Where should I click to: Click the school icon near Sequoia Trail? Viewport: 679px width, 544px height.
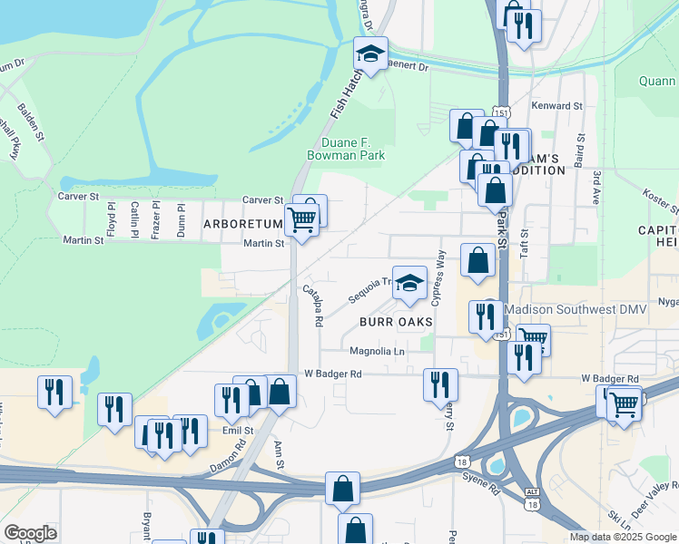point(410,284)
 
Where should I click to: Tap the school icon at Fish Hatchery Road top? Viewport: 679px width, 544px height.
point(370,54)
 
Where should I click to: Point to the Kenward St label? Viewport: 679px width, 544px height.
point(559,106)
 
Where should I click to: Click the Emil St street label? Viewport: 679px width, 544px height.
point(236,432)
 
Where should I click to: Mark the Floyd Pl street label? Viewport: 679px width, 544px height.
point(112,218)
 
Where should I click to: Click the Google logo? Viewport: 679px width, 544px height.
point(31,533)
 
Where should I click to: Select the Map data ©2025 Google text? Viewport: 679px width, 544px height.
point(622,537)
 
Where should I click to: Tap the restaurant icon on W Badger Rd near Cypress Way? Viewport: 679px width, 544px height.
point(441,384)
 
